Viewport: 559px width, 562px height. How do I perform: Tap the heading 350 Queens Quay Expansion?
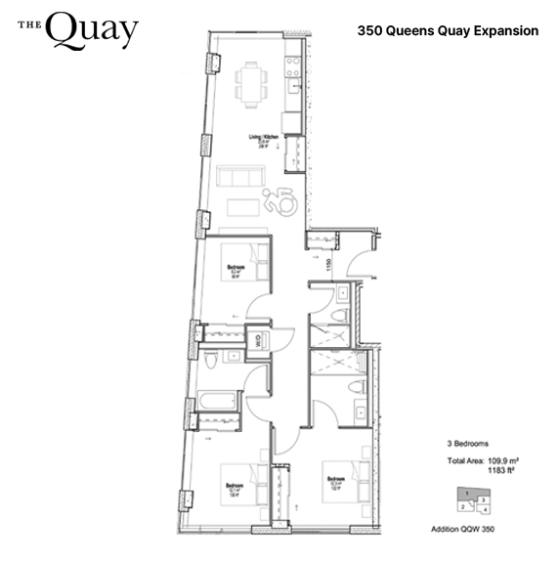coord(448,31)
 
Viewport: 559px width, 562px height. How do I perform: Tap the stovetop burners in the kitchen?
coord(291,66)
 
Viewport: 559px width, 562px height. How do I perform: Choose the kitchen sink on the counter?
coord(292,96)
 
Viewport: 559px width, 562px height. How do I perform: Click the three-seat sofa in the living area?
coord(238,178)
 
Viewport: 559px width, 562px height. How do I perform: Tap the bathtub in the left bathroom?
coord(216,401)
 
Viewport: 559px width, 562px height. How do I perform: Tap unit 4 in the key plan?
coord(485,510)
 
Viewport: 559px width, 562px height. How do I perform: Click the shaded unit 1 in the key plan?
coord(471,494)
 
